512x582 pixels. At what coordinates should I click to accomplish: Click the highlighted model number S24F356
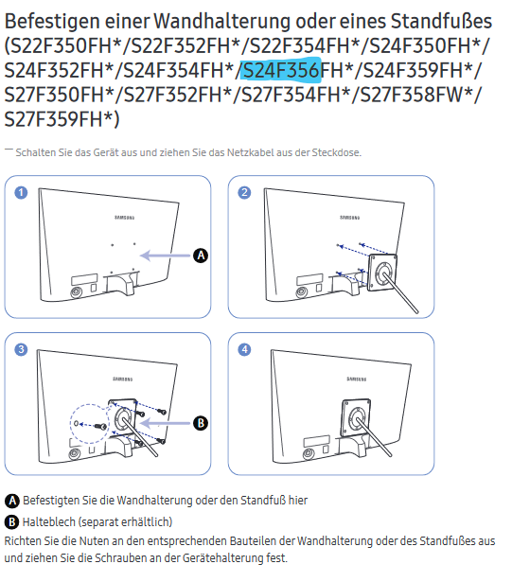click(281, 69)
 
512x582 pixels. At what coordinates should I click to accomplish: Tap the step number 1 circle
click(21, 193)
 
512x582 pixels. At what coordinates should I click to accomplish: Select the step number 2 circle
click(244, 193)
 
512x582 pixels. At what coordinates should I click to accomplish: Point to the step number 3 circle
click(21, 349)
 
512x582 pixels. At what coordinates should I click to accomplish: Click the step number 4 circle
click(244, 349)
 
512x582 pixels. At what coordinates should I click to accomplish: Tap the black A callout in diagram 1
click(201, 256)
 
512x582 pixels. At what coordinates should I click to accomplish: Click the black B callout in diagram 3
click(201, 423)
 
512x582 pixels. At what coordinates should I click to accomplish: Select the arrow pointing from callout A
click(166, 256)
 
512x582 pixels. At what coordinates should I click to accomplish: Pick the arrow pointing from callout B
click(166, 423)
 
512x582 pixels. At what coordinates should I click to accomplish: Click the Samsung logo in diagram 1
click(124, 217)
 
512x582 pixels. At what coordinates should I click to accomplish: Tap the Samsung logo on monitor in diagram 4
click(357, 379)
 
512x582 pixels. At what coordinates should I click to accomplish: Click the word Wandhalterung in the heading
click(222, 21)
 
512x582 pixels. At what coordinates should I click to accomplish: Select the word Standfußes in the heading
click(441, 21)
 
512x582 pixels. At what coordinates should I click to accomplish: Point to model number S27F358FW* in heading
click(415, 94)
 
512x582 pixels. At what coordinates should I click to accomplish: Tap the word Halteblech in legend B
click(49, 521)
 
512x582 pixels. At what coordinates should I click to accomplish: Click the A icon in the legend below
click(12, 501)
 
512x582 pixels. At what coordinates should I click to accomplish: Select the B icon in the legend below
click(12, 522)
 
